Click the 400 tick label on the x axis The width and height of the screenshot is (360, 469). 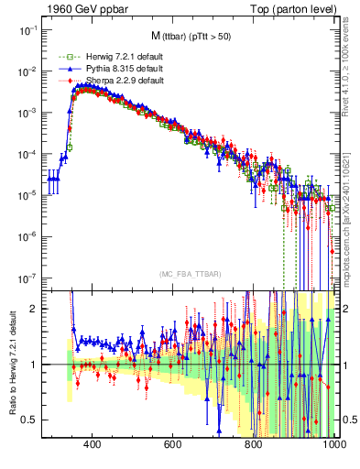(92, 444)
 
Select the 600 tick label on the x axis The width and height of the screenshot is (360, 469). (173, 444)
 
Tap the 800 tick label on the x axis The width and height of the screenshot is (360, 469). (255, 444)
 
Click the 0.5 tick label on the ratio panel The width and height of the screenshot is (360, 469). (31, 420)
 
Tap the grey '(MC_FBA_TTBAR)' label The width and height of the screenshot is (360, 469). (190, 275)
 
